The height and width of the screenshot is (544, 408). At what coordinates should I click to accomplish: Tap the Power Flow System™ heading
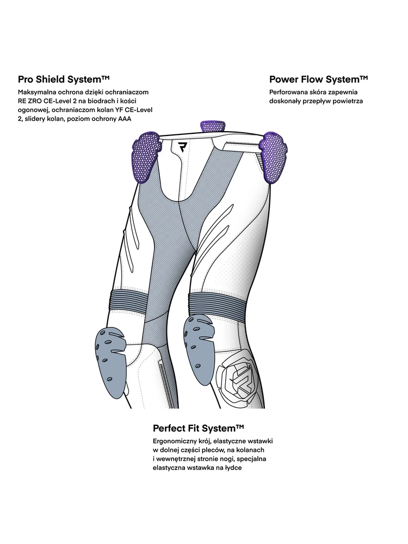coord(319,79)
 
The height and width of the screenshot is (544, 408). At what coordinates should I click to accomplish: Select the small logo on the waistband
coord(183,147)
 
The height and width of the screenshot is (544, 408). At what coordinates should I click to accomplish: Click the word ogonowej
coord(34,110)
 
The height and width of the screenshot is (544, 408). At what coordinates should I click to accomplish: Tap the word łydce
coord(233,467)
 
